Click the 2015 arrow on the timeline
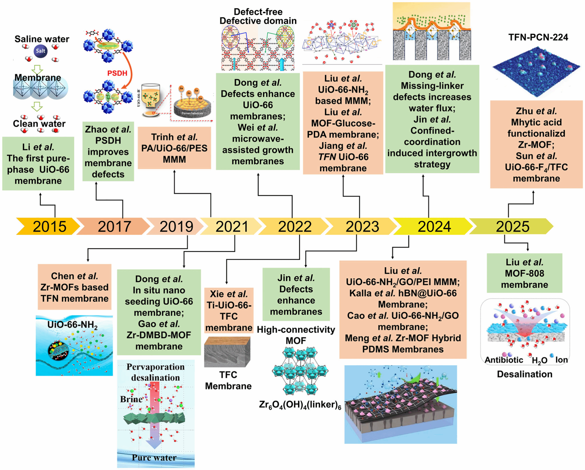point(49,226)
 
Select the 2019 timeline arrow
point(176,226)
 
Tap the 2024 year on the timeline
point(434,226)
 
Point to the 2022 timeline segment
point(294,226)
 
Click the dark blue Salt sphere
point(41,51)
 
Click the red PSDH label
point(117,73)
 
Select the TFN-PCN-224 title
point(538,37)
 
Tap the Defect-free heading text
point(258,12)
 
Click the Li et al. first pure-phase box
point(38,164)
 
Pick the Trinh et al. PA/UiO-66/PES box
point(174,148)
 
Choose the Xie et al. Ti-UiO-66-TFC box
point(229,310)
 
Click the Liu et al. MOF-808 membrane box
point(524,273)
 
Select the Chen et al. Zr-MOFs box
point(75,287)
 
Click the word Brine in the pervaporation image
point(131,399)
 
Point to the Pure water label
point(154,457)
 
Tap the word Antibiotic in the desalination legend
point(504,360)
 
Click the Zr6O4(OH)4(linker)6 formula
point(300,405)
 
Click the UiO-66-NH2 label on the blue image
point(72,325)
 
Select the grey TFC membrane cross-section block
point(227,352)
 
